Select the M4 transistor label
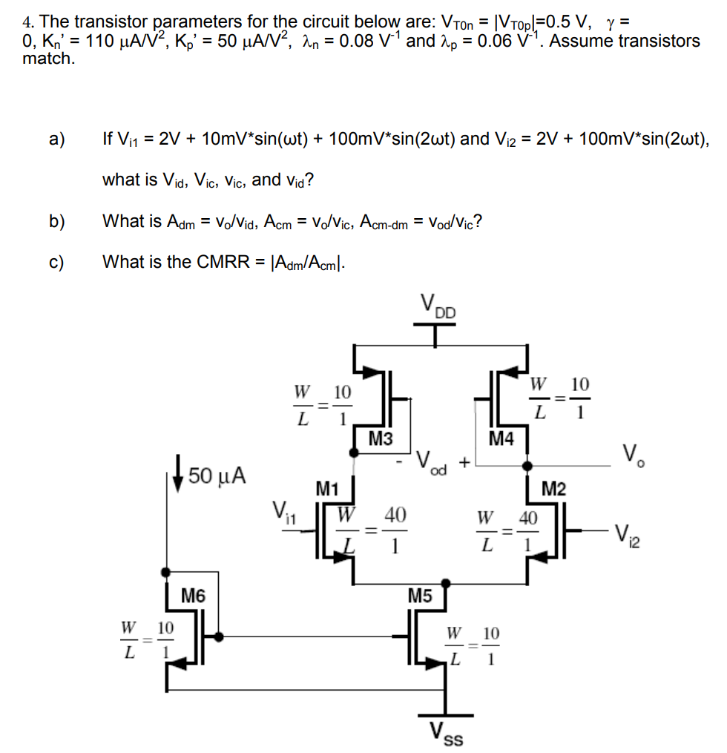pyautogui.click(x=501, y=439)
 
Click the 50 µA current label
pyautogui.click(x=218, y=474)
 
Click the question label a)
pyautogui.click(x=56, y=139)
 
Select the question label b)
pyautogui.click(x=56, y=220)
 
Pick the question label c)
pyautogui.click(x=56, y=261)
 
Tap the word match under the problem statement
pyautogui.click(x=49, y=59)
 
